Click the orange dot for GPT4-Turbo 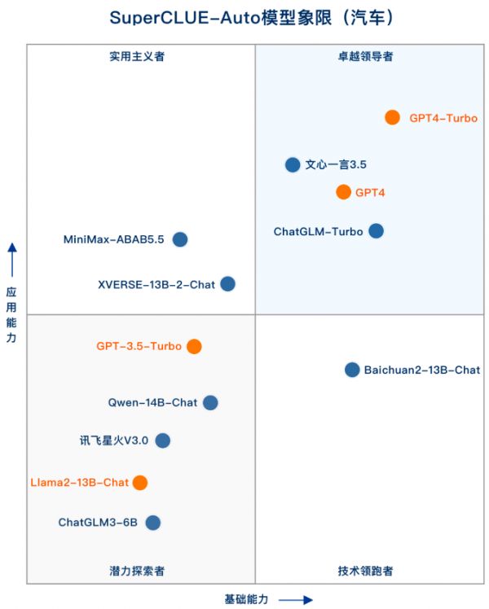[392, 117]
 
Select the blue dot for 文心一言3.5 [293, 164]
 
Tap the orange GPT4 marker [343, 192]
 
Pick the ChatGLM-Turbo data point [376, 231]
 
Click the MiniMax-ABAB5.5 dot [180, 239]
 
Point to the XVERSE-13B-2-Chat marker [227, 284]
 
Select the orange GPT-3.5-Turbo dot [194, 346]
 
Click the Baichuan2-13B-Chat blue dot [352, 370]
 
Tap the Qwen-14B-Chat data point [210, 403]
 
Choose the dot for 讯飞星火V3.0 [162, 440]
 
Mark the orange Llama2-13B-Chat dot [140, 482]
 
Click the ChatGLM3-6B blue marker [152, 523]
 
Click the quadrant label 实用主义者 [137, 57]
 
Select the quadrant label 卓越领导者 [365, 57]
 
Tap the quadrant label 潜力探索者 [137, 571]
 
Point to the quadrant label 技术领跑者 [365, 571]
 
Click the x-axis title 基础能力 [246, 599]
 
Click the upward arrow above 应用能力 [12, 260]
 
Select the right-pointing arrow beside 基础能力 [296, 600]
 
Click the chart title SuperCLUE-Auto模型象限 [221, 18]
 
